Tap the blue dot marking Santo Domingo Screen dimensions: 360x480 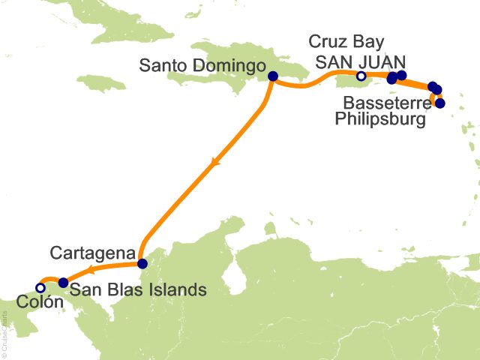272,76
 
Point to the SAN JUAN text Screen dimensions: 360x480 361,61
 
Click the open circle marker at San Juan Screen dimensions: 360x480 361,76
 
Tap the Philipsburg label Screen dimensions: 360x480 379,118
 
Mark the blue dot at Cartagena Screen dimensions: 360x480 142,263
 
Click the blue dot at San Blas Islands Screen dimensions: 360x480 63,283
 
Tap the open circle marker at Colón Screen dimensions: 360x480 40,287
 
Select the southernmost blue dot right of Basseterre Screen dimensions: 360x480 440,103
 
